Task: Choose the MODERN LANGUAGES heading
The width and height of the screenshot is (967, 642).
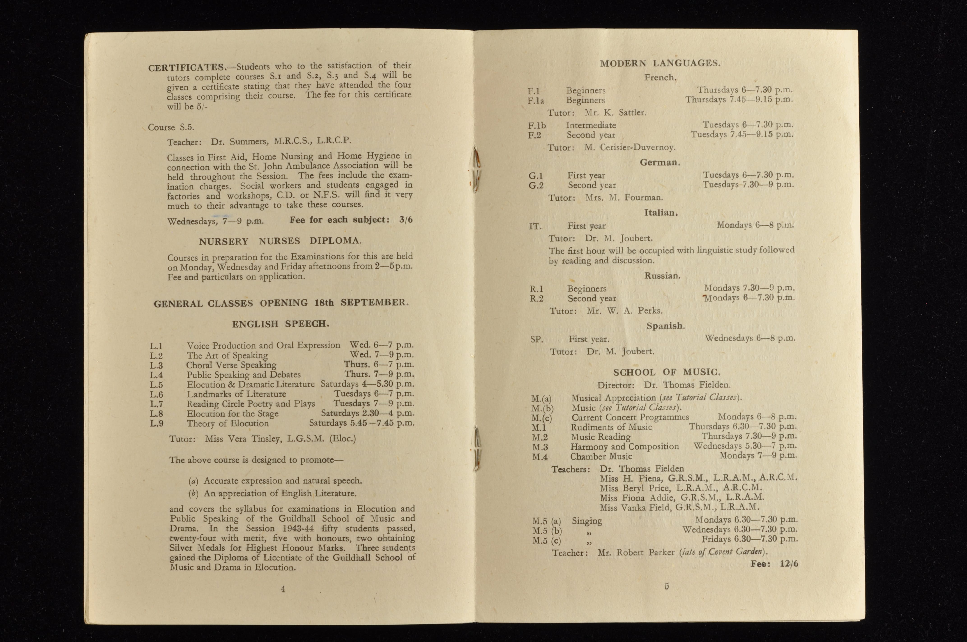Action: tap(660, 63)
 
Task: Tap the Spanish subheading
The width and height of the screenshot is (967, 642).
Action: tap(665, 326)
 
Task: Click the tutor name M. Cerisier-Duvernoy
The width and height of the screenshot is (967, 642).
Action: tap(629, 147)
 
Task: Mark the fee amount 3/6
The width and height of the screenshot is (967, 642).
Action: tap(405, 220)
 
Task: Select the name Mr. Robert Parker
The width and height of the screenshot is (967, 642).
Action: tap(636, 552)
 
